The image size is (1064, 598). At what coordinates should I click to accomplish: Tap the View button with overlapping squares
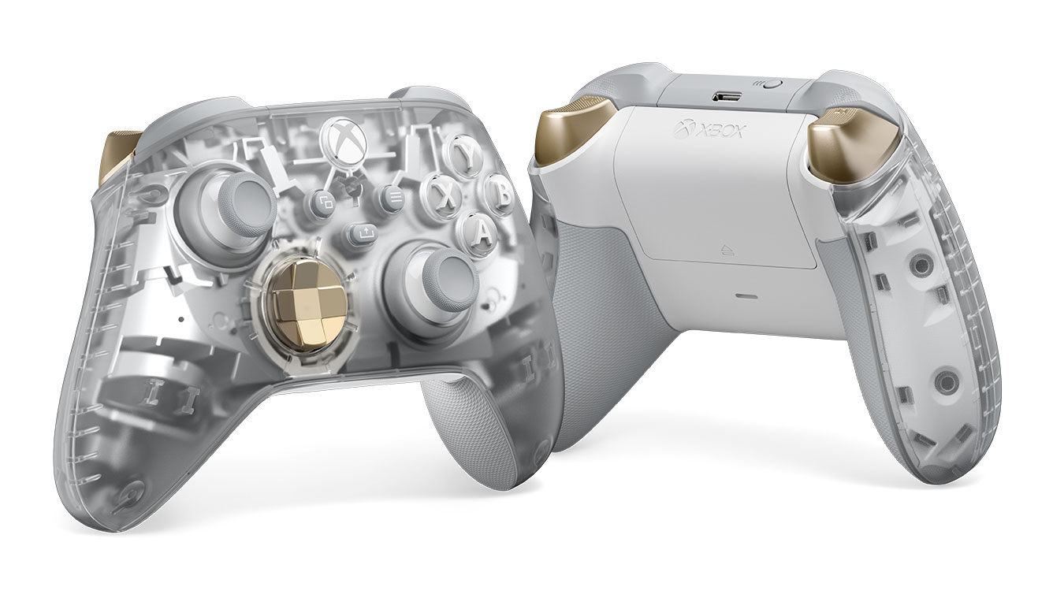click(323, 202)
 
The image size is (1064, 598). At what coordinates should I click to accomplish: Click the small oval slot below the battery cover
click(746, 298)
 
